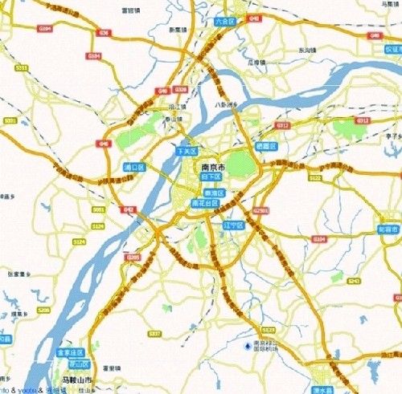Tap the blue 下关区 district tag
[x=186, y=150]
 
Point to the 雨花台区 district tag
[x=205, y=204]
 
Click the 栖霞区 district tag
[x=265, y=146]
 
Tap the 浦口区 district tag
[x=133, y=167]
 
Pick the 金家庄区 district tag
[x=69, y=352]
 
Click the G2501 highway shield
[x=260, y=210]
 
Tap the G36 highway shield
[x=102, y=33]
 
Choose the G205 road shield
[x=133, y=257]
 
